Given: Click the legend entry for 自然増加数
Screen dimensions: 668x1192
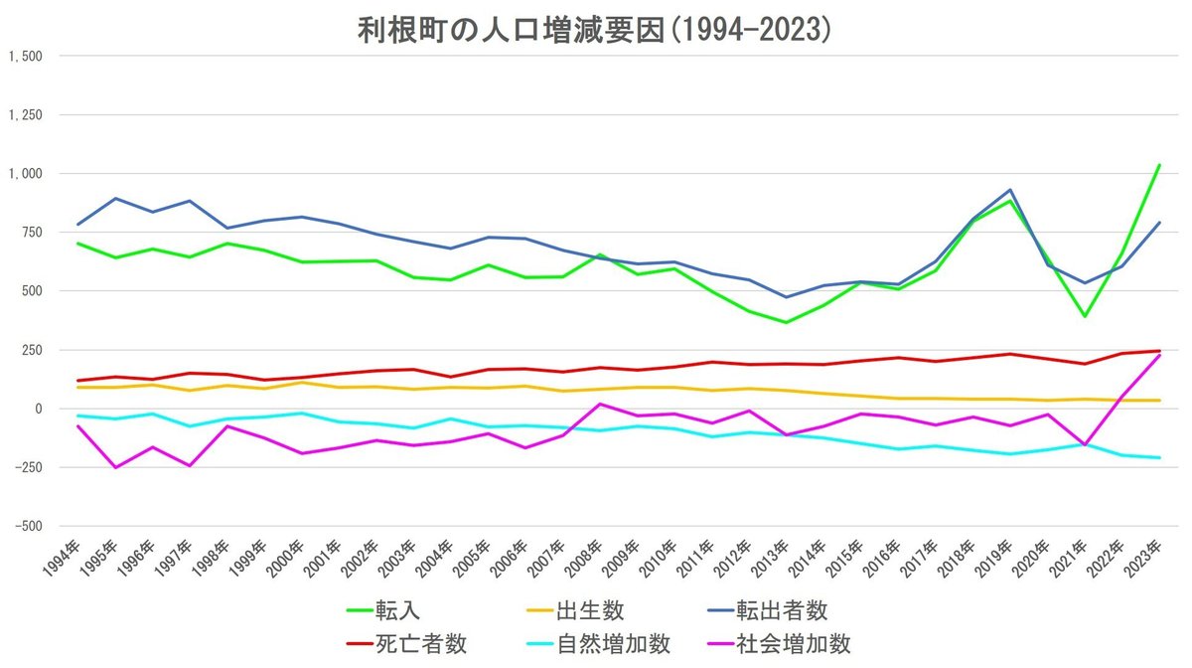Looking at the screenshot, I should tap(625, 643).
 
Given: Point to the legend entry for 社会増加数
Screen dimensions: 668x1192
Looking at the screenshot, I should tap(806, 643).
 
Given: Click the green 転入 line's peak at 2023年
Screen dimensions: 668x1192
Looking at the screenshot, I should tap(1159, 165).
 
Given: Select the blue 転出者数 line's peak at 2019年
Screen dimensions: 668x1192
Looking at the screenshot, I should tap(1010, 190).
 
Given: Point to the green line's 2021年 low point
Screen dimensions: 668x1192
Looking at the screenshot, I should tap(1085, 317).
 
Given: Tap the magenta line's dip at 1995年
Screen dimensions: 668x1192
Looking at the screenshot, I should tap(115, 467).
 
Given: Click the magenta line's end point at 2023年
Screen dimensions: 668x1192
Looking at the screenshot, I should tap(1159, 355).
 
